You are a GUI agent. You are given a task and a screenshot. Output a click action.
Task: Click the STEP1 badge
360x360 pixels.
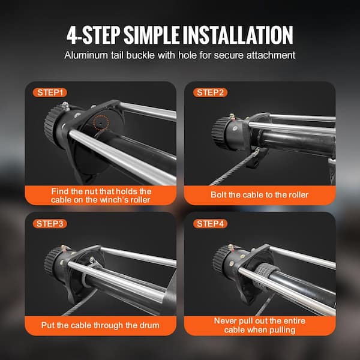[x=50, y=92]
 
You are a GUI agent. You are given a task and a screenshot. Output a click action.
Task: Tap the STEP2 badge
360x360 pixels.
[x=210, y=92]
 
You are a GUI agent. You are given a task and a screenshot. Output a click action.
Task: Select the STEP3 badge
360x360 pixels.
[x=50, y=224]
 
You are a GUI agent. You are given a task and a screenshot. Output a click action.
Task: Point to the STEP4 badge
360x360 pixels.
[x=210, y=224]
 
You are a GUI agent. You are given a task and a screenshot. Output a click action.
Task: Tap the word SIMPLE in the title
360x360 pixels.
[x=152, y=35]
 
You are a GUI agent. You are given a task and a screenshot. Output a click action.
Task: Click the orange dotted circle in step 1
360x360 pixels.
[x=101, y=122]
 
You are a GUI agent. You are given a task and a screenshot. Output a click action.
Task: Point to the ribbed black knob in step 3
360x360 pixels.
[x=52, y=260]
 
